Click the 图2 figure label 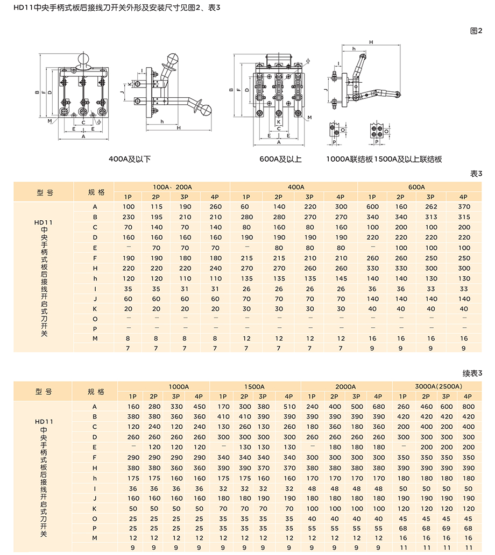[x=476, y=31]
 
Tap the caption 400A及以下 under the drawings [x=130, y=159]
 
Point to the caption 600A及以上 [x=280, y=159]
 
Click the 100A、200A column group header [x=172, y=187]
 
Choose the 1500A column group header [x=254, y=386]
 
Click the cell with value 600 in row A [x=372, y=207]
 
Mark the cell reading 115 [x=157, y=207]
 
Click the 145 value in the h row [x=341, y=278]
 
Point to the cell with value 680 [x=379, y=406]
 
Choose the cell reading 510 [x=289, y=406]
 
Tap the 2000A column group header [x=346, y=386]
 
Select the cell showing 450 [x=200, y=406]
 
